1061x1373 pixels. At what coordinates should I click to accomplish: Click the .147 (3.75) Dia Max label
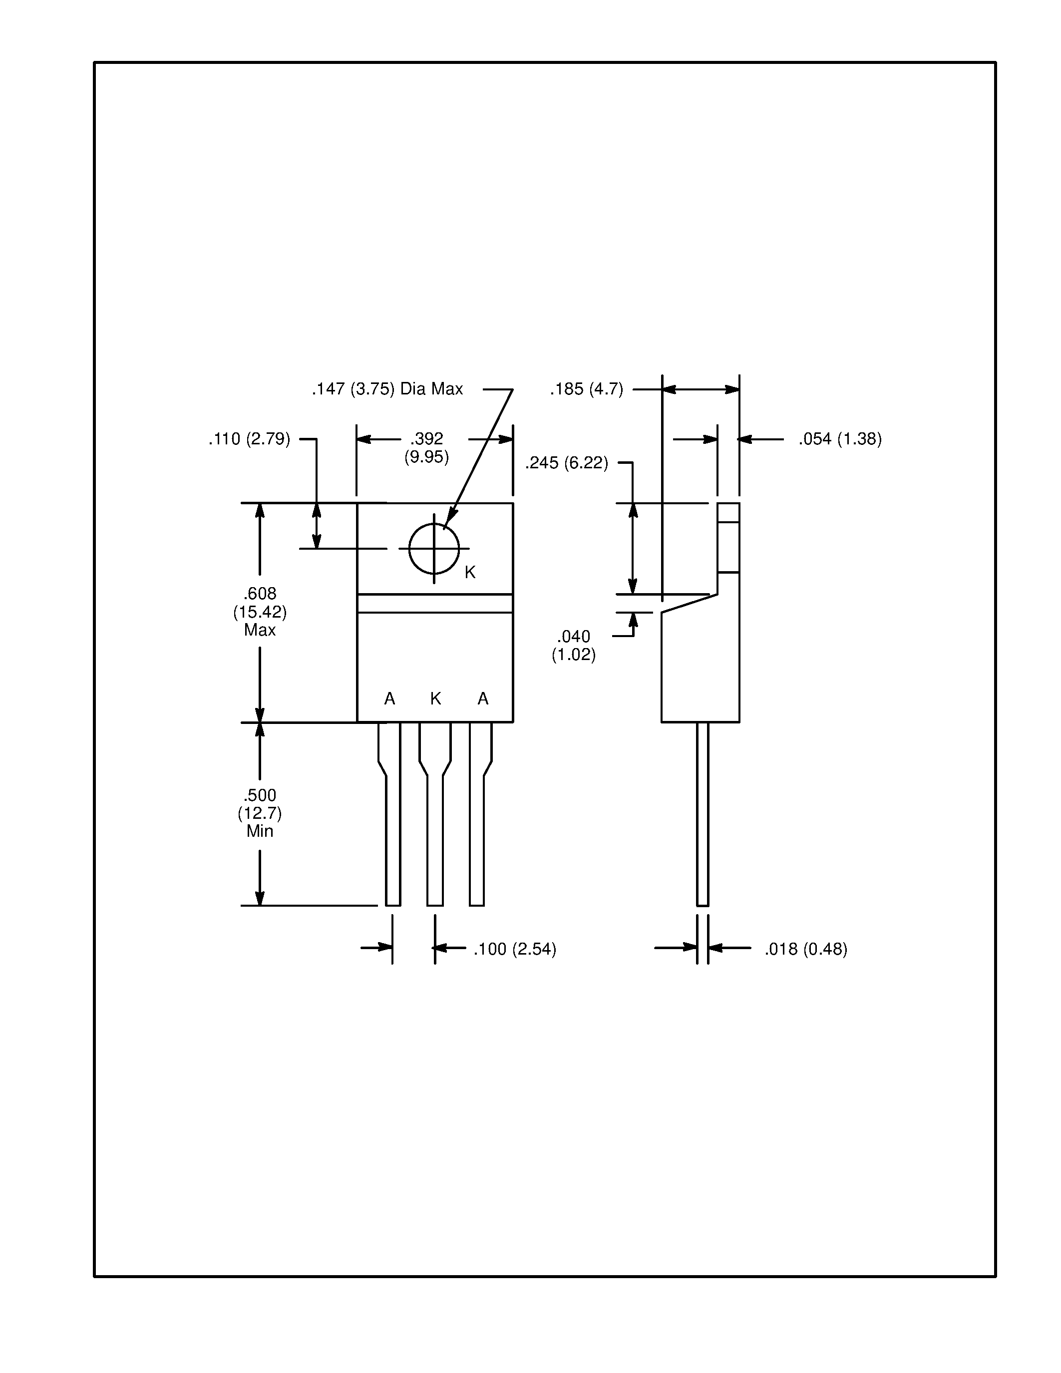coord(387,389)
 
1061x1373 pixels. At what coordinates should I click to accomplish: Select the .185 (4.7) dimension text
coord(587,389)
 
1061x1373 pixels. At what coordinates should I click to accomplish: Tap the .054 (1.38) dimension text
coord(840,439)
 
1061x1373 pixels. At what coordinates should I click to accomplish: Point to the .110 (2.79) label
coord(250,439)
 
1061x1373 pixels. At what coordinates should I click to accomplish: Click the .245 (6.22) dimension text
coord(566,463)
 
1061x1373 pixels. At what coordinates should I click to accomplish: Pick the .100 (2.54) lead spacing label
coord(515,949)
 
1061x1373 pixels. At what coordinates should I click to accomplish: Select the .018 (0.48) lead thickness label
coord(806,949)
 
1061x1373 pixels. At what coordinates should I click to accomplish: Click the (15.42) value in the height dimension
coord(260,611)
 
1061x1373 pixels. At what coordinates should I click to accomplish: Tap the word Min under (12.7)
coord(260,831)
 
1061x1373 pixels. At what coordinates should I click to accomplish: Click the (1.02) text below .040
coord(573,655)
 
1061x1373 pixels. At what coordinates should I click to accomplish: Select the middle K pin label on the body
coord(435,698)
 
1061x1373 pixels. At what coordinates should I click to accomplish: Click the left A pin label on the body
coord(390,698)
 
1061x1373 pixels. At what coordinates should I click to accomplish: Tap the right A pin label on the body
coord(483,698)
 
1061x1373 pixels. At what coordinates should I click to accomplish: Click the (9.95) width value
coord(426,456)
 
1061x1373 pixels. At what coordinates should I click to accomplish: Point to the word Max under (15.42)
coord(260,629)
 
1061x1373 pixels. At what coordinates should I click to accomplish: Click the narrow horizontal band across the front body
coord(435,603)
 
